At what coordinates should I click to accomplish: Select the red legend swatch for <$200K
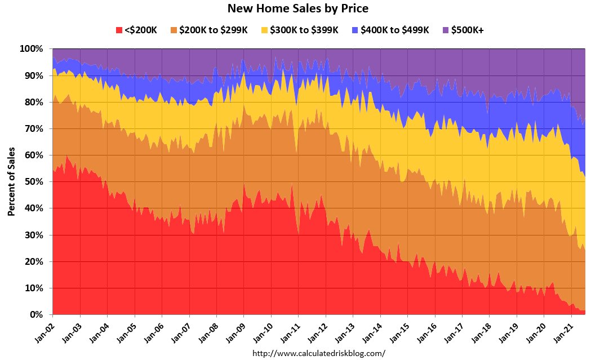[x=118, y=30]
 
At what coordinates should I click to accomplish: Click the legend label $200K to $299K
[x=213, y=30]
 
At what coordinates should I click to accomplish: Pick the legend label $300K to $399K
[x=304, y=30]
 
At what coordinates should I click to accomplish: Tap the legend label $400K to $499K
[x=395, y=30]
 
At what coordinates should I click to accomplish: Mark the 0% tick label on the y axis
[x=36, y=315]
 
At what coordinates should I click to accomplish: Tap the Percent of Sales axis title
[x=11, y=182]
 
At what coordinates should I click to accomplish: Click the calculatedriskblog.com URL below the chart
[x=318, y=353]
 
